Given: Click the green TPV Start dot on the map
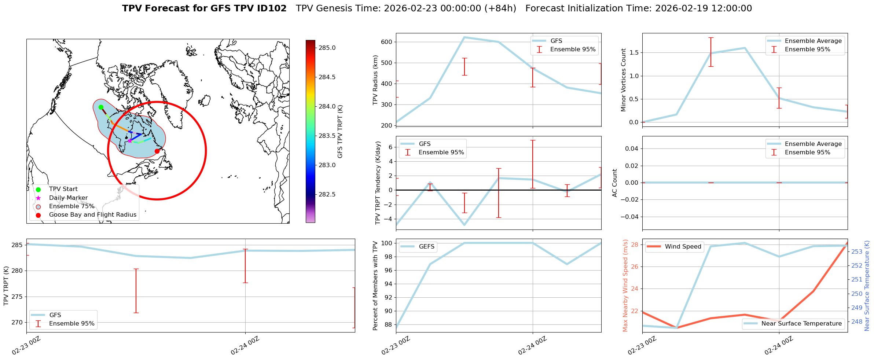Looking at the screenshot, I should (101, 107).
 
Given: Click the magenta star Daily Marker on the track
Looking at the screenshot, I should (130, 141).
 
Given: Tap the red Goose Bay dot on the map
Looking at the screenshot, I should (157, 151).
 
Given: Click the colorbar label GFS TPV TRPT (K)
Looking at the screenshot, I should (340, 132).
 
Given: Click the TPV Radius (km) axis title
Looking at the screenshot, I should (375, 80).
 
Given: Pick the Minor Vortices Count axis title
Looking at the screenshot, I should (623, 80).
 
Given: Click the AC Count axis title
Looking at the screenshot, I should (615, 183).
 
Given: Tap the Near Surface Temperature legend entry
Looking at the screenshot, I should (801, 324).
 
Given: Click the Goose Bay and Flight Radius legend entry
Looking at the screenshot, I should (92, 215).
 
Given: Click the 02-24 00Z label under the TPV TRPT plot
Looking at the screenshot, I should (245, 346).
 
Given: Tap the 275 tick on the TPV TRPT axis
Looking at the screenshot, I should (18, 297).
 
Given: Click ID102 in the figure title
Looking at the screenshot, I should (270, 8).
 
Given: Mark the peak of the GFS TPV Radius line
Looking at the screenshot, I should (464, 37).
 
